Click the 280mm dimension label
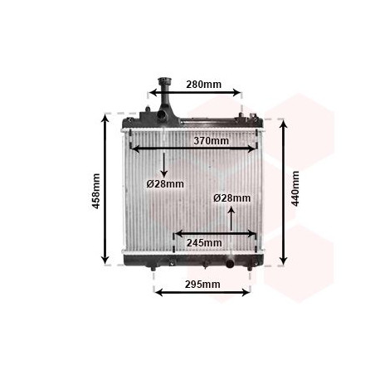point(203,85)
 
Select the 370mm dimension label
point(211,141)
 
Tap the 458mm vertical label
point(95,191)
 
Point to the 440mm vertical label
point(295,188)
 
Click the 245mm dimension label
point(204,243)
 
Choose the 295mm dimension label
point(202,285)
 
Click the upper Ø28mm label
point(165,184)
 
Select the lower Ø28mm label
point(232,198)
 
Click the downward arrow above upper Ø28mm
point(164,165)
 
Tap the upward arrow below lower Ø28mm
point(231,219)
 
